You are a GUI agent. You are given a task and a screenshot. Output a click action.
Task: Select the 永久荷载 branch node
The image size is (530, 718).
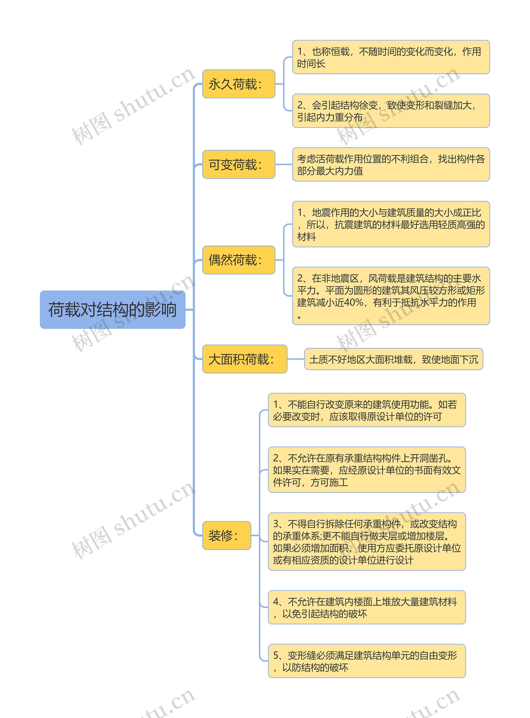[238, 84]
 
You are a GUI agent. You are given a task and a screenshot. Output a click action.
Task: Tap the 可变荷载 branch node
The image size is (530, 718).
[238, 164]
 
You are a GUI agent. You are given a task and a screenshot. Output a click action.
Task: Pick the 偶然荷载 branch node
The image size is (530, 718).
[238, 260]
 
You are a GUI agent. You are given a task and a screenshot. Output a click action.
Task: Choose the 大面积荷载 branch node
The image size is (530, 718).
[245, 359]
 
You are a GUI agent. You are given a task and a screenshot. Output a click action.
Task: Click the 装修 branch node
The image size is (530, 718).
[226, 535]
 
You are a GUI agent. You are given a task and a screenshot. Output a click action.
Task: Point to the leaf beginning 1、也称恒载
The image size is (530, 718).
[390, 57]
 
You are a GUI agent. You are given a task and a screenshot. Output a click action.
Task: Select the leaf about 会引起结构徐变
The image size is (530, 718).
[390, 111]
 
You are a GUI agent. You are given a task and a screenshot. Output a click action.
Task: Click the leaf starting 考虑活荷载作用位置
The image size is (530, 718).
[390, 164]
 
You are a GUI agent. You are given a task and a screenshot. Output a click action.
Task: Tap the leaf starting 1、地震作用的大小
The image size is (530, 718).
[390, 224]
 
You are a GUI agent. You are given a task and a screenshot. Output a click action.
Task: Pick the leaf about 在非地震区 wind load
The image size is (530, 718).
[390, 296]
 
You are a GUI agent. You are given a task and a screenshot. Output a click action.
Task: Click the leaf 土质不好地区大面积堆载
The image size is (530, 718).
[393, 359]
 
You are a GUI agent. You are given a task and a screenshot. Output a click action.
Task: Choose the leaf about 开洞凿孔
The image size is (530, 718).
[366, 469]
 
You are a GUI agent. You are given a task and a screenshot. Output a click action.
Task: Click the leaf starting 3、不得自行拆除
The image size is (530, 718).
[366, 542]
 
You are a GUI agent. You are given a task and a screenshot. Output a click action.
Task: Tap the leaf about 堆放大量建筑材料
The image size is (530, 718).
[366, 607]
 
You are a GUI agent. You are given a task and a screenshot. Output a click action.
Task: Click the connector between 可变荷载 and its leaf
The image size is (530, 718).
[284, 164]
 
